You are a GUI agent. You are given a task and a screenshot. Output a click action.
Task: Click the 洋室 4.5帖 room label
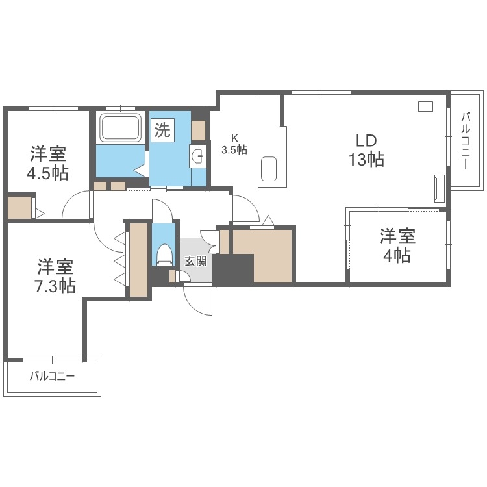click(49, 163)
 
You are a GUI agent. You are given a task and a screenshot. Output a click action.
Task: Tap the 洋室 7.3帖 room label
click(55, 275)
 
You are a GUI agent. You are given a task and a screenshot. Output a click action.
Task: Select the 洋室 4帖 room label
click(396, 245)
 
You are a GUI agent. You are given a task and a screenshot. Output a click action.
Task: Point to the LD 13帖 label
click(366, 150)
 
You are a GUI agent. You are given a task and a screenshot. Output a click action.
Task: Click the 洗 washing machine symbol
click(162, 130)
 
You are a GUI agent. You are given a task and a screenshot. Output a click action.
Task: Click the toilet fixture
click(164, 253)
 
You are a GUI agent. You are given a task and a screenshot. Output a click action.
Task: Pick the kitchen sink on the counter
click(269, 170)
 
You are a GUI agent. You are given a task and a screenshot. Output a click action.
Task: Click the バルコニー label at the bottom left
click(53, 376)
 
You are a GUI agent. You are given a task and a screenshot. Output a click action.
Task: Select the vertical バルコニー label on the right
click(466, 141)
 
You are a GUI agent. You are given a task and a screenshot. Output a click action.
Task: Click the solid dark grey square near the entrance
click(233, 269)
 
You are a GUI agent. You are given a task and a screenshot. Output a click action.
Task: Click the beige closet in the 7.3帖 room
click(139, 260)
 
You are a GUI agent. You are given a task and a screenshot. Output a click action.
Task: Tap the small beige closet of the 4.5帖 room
click(19, 207)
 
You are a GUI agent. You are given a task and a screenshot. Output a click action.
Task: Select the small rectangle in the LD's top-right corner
click(426, 106)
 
